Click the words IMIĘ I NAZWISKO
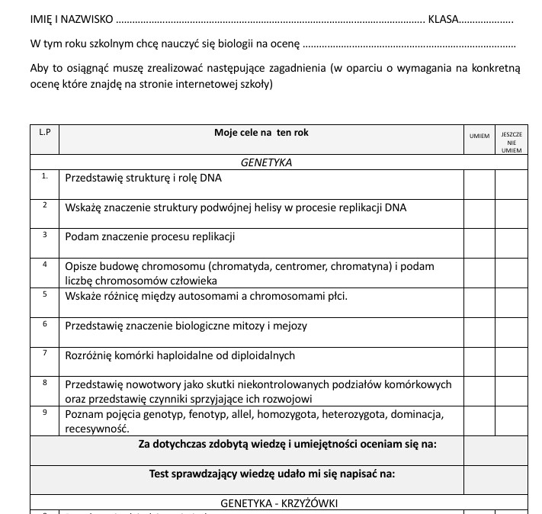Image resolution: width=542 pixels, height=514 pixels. point(72,18)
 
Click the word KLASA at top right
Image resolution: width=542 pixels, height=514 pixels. point(443,18)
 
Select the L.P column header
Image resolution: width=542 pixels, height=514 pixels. point(44,133)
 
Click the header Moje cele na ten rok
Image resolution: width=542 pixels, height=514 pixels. point(261,133)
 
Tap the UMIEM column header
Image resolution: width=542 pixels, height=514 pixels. point(479,136)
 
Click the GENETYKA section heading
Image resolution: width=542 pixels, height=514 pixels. point(266,162)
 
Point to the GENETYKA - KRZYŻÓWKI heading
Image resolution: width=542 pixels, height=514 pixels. point(278,503)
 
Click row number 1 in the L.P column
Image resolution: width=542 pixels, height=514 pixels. point(45,176)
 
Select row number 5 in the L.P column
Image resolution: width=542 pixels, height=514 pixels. point(45,294)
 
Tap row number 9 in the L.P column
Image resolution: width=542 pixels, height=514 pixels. point(45,413)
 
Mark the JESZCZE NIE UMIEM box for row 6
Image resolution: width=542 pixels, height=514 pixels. point(511,332)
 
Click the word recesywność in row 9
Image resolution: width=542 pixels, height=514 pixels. point(96,429)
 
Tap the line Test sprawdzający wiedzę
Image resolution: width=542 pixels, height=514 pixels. point(271,474)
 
